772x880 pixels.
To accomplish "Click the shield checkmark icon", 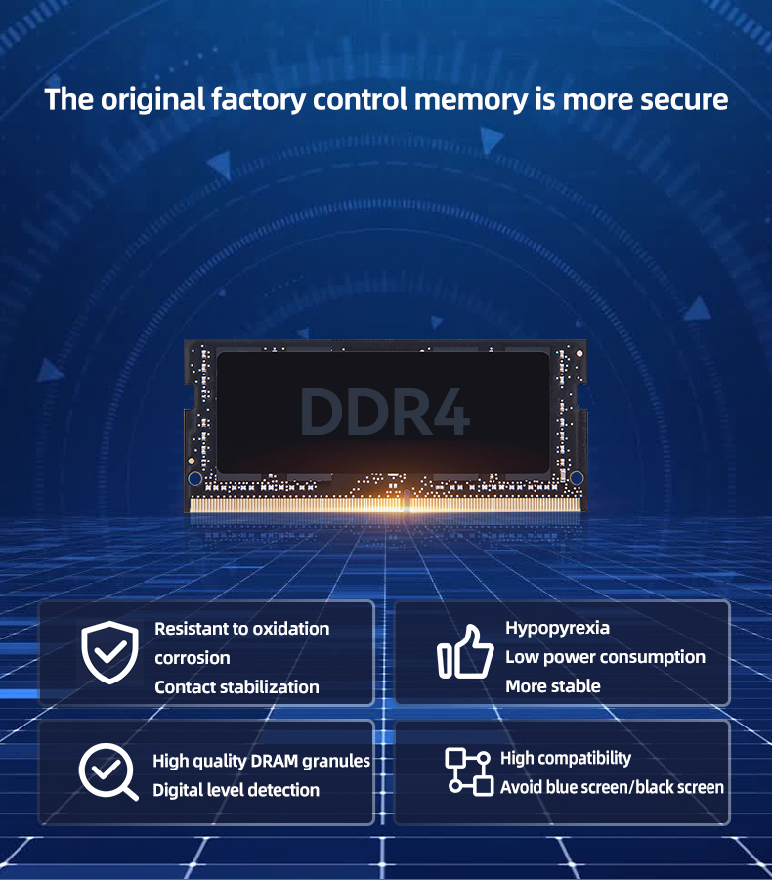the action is [x=110, y=652].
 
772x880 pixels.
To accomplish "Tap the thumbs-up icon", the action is [x=465, y=651].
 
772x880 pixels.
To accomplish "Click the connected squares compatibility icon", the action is [x=469, y=771].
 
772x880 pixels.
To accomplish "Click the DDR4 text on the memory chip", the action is [x=385, y=412].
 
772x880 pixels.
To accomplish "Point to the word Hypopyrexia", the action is [x=557, y=628].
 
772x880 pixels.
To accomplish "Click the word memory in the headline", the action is [x=471, y=100].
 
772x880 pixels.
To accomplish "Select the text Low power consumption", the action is [x=605, y=657].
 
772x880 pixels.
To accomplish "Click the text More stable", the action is [x=553, y=685].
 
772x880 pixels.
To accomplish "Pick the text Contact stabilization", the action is [x=236, y=687].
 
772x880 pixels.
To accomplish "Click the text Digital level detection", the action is [x=236, y=790].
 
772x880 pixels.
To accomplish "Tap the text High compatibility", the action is [x=566, y=758].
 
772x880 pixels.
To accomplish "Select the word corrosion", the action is [x=192, y=658].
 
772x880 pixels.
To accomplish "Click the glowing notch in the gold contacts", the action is [x=407, y=500].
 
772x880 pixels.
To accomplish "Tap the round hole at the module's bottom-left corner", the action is [x=194, y=479].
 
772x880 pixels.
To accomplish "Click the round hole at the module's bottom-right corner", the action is [x=577, y=478].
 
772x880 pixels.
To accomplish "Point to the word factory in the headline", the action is [x=258, y=100].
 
